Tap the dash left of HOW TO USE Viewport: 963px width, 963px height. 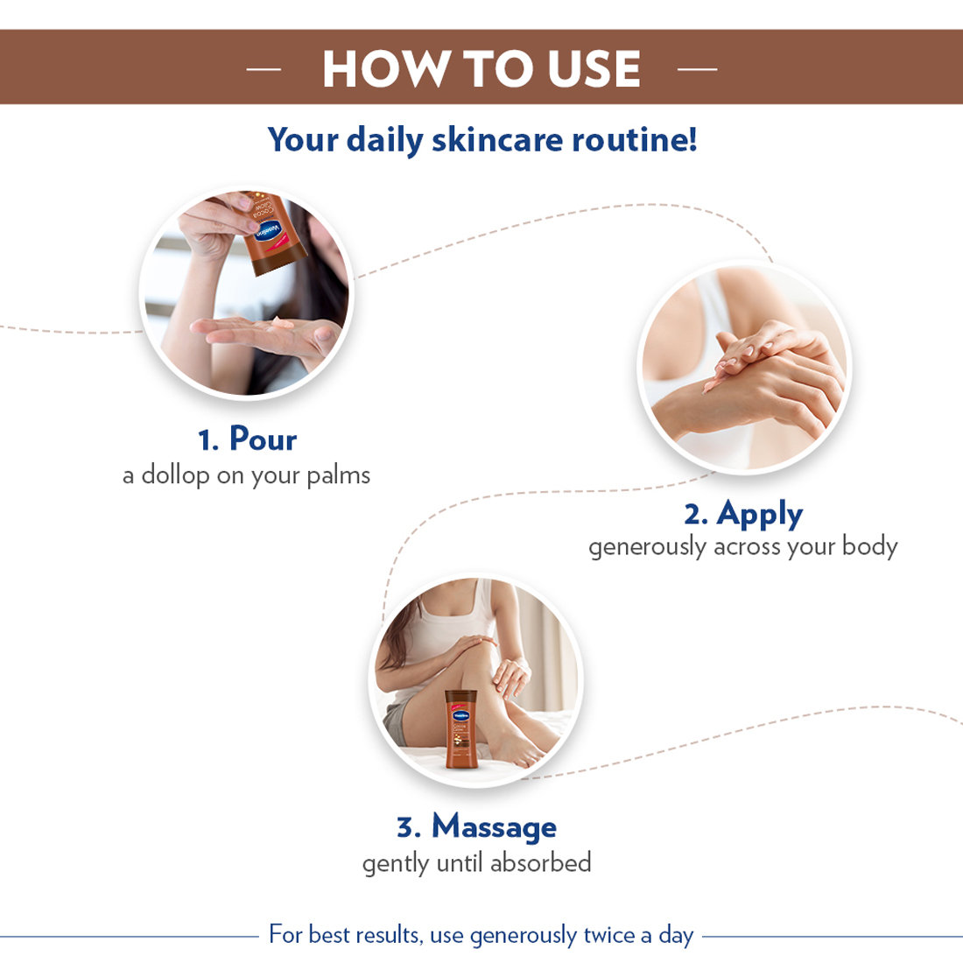[x=264, y=68]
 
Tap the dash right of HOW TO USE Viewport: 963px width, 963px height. [x=697, y=68]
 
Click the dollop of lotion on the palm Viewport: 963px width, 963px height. [x=282, y=324]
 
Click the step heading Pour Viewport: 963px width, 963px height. [x=263, y=439]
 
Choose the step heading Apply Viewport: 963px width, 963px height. [x=759, y=514]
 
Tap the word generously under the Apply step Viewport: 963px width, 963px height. [x=647, y=547]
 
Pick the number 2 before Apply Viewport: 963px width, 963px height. [x=694, y=515]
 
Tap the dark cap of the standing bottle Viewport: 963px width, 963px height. [x=460, y=695]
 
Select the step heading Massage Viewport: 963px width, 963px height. [x=494, y=826]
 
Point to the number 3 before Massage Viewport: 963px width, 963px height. [x=407, y=827]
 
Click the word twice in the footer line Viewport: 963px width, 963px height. [x=608, y=935]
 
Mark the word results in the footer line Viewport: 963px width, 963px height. [x=386, y=935]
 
